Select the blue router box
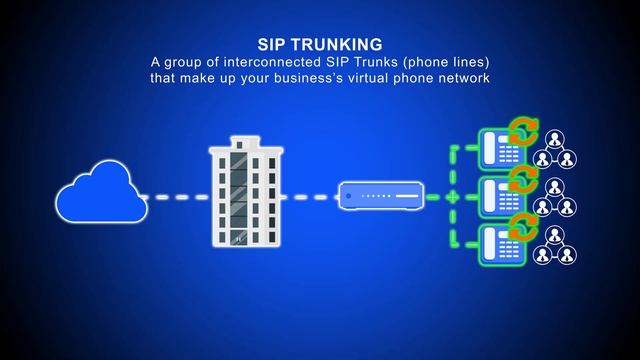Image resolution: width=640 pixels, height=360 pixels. tap(380, 195)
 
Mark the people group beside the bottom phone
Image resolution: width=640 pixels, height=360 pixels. tap(556, 246)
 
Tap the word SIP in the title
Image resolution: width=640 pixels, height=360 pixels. tap(272, 45)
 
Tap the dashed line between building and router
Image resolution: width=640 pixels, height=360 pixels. tap(306, 197)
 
